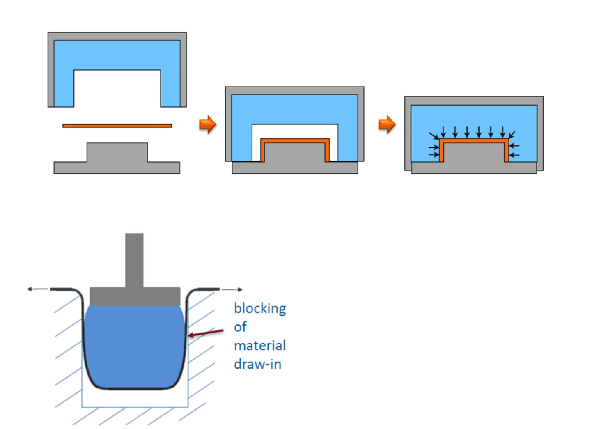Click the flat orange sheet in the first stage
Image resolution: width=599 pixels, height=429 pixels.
pyautogui.click(x=117, y=126)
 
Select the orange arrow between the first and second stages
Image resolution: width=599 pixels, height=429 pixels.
pyautogui.click(x=208, y=124)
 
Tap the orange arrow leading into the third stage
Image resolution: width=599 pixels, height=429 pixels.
pyautogui.click(x=387, y=124)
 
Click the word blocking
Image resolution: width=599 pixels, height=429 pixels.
pyautogui.click(x=260, y=309)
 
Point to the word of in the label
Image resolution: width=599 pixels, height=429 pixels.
pyautogui.click(x=240, y=327)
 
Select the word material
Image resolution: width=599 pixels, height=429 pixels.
pyautogui.click(x=260, y=346)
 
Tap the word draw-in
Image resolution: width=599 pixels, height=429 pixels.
pyautogui.click(x=257, y=364)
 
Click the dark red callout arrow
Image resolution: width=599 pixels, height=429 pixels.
pyautogui.click(x=206, y=333)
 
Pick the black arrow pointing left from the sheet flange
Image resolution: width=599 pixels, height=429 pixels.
pyautogui.click(x=37, y=289)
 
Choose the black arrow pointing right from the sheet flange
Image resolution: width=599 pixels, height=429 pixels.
pyautogui.click(x=232, y=289)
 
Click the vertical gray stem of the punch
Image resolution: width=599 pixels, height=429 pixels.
pyautogui.click(x=134, y=260)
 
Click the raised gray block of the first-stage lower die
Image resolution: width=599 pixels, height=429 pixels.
pyautogui.click(x=117, y=152)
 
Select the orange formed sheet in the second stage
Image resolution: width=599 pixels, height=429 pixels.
pyautogui.click(x=295, y=141)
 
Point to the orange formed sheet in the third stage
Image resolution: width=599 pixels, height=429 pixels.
pyautogui.click(x=474, y=141)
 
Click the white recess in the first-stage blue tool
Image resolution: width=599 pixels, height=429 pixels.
pyautogui.click(x=117, y=88)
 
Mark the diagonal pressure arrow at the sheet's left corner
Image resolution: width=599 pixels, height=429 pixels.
pyautogui.click(x=434, y=135)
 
